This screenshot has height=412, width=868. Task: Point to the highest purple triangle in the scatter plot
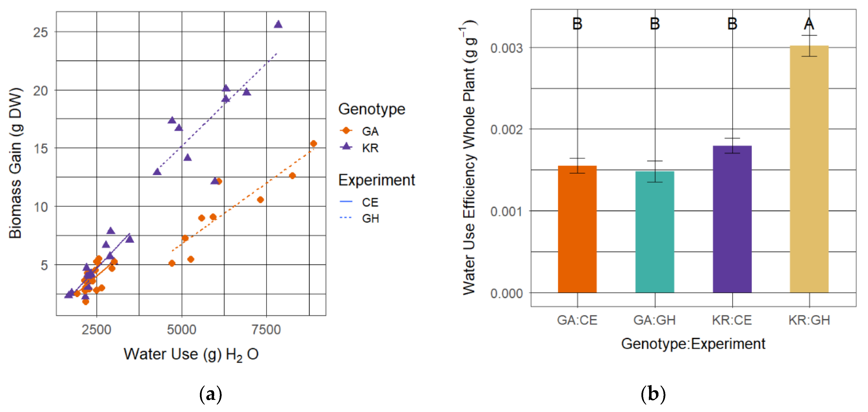tap(278, 24)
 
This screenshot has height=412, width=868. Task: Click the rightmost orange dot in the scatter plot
tap(313, 143)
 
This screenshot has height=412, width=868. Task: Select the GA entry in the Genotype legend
tap(370, 131)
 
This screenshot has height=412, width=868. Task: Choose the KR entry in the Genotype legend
tap(370, 148)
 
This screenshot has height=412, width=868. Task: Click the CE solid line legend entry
tap(370, 202)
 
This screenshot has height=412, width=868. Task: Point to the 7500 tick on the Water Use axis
tap(266, 329)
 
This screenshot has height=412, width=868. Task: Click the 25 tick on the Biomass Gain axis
tap(40, 32)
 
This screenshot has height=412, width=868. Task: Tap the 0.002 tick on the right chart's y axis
tap(506, 129)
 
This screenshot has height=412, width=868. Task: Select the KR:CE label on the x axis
tap(732, 320)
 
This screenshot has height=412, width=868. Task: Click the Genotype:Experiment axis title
tap(693, 343)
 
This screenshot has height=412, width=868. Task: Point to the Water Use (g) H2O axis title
tap(191, 354)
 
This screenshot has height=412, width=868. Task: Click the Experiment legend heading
tap(376, 180)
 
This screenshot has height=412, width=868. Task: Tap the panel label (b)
tap(653, 393)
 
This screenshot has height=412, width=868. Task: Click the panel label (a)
tap(211, 393)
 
